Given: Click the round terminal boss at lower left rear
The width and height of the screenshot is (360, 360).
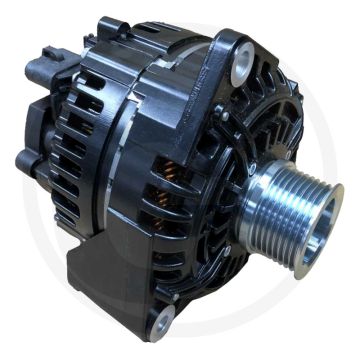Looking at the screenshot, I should [x=27, y=161].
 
